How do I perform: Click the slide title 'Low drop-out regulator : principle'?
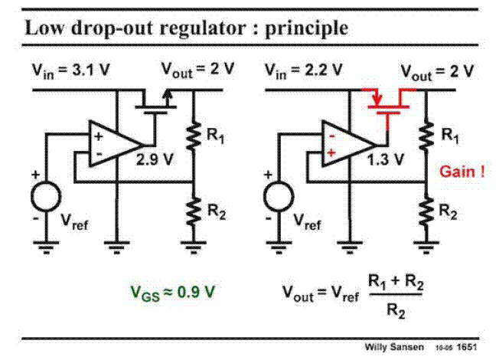(x=187, y=28)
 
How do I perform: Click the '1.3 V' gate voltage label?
(x=387, y=161)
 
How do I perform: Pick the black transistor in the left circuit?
(x=157, y=102)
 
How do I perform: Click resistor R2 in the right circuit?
(x=426, y=213)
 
